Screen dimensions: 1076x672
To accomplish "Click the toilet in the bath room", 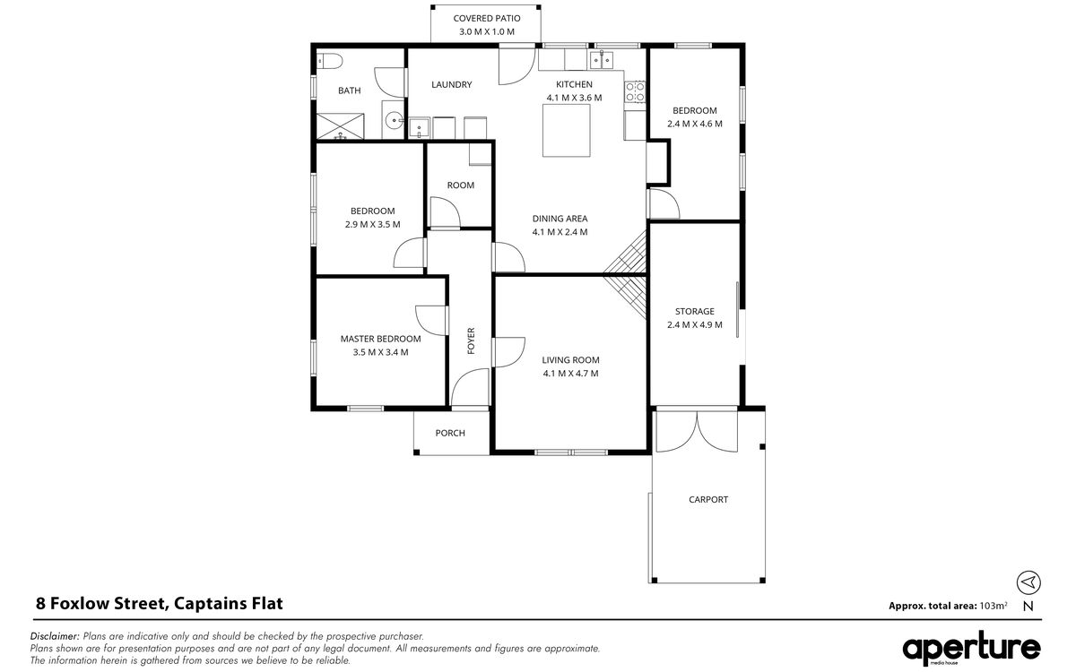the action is [x=330, y=62].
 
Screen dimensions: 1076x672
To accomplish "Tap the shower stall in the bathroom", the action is [x=340, y=126].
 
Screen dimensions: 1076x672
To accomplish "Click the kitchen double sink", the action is [x=602, y=60].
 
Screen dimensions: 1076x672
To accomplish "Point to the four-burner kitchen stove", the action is [x=635, y=91].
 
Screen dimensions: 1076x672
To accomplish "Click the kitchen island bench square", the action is [x=567, y=131].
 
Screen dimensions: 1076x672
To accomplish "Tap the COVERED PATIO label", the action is [x=487, y=18].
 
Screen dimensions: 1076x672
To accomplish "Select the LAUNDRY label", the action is [x=452, y=84].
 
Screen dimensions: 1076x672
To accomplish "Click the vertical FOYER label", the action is [x=471, y=340].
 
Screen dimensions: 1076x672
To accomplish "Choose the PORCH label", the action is [x=450, y=433].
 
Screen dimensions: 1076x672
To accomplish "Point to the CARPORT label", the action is [x=708, y=499].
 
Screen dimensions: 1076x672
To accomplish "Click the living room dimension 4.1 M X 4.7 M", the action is [x=570, y=374].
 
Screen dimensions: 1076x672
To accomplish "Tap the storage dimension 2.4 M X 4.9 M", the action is [x=695, y=324].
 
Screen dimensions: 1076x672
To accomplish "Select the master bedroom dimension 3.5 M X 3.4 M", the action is [x=380, y=352].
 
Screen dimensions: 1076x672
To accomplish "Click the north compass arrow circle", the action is [x=1028, y=582].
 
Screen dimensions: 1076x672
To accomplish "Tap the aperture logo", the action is [x=971, y=648].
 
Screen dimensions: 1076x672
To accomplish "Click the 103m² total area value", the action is [x=994, y=606].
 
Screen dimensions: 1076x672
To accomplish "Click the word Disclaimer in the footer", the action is [x=55, y=636].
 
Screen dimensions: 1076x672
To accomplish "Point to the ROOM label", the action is [x=461, y=185].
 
